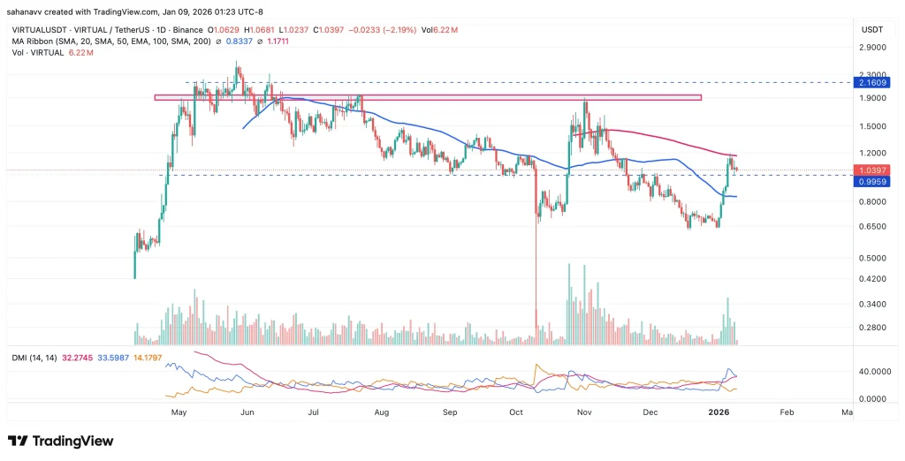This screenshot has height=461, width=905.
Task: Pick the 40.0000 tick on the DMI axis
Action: point(873,372)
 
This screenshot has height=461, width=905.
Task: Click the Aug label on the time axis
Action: point(381,412)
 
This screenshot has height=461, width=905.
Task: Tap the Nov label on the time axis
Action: point(583,412)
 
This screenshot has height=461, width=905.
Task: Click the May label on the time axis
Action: point(179,412)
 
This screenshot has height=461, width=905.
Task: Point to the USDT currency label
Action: point(872,29)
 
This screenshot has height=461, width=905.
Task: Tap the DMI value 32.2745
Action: point(76,356)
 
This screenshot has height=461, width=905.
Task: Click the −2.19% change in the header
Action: point(411,29)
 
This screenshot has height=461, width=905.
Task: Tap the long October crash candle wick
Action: point(536,265)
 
